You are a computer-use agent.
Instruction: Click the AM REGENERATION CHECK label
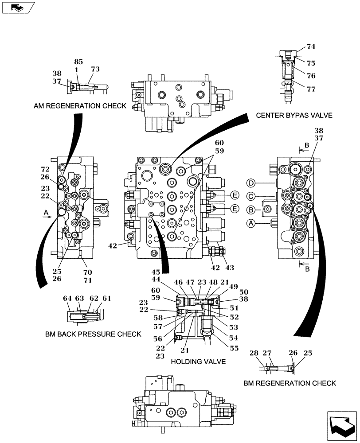tap(80, 106)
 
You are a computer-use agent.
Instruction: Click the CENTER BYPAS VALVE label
tap(294, 116)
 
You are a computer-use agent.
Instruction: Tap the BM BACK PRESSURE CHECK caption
tap(93, 334)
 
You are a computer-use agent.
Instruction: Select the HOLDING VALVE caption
tap(198, 361)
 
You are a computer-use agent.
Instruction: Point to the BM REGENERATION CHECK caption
tap(290, 383)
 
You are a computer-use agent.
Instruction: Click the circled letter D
tap(251, 183)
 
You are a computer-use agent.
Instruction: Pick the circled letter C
tap(251, 196)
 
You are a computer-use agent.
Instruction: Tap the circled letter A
tap(251, 224)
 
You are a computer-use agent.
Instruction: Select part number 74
tap(311, 47)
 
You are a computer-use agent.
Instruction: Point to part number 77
tap(311, 89)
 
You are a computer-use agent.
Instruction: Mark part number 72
tap(45, 170)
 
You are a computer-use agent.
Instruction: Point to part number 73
tap(95, 69)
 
